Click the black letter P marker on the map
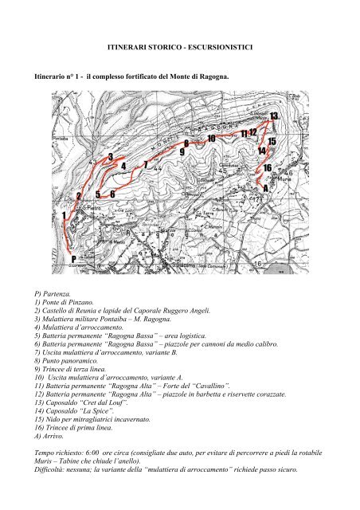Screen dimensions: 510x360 [73, 259]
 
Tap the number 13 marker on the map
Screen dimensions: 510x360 [274, 116]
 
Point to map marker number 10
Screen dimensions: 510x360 [211, 138]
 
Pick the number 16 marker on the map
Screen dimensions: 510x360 [268, 168]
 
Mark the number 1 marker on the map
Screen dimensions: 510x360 [64, 215]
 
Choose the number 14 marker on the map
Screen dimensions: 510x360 [261, 151]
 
